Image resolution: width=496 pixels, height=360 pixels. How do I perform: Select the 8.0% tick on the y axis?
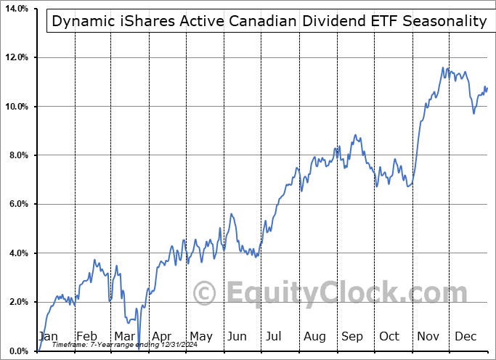[17, 155]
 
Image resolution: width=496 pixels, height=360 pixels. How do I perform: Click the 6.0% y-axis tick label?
[17, 205]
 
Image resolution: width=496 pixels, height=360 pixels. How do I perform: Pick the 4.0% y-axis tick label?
[17, 253]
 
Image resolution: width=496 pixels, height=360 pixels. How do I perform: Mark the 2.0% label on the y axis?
[17, 302]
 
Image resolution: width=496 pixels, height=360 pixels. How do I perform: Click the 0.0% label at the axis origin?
[17, 351]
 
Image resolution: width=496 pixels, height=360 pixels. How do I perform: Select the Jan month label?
[48, 337]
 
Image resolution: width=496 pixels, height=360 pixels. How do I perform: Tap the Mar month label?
[124, 337]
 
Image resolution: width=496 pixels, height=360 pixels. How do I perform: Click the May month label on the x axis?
[200, 337]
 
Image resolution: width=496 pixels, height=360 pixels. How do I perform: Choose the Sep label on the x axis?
[353, 337]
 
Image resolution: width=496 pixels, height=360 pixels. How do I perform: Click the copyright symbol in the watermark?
[206, 294]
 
